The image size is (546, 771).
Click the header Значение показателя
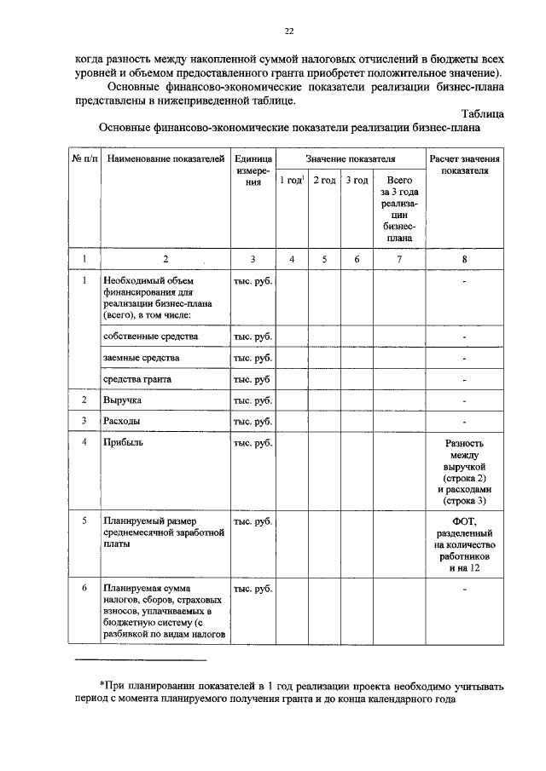(x=351, y=159)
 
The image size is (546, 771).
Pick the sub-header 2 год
(x=324, y=181)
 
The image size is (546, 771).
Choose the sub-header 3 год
(x=357, y=181)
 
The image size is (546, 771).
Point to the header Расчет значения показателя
(x=465, y=164)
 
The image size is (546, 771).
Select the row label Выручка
(x=122, y=400)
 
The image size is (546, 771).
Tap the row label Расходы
(x=122, y=421)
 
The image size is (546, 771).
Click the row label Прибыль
(x=123, y=443)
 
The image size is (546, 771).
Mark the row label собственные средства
(x=150, y=337)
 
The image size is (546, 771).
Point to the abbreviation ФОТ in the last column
(x=465, y=521)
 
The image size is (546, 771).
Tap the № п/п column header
(x=84, y=159)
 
